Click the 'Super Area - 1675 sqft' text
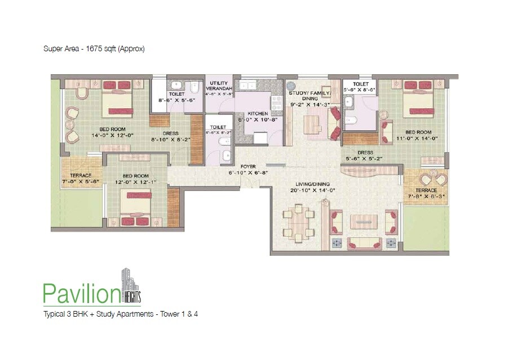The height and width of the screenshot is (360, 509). (x=95, y=49)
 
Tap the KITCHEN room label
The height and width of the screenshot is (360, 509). (x=254, y=113)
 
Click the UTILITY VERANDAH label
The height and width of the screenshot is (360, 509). (x=218, y=86)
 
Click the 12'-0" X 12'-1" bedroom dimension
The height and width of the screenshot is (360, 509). (x=135, y=182)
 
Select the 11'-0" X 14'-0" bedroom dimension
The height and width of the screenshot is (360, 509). (x=418, y=137)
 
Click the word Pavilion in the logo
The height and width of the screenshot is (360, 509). (x=82, y=292)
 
